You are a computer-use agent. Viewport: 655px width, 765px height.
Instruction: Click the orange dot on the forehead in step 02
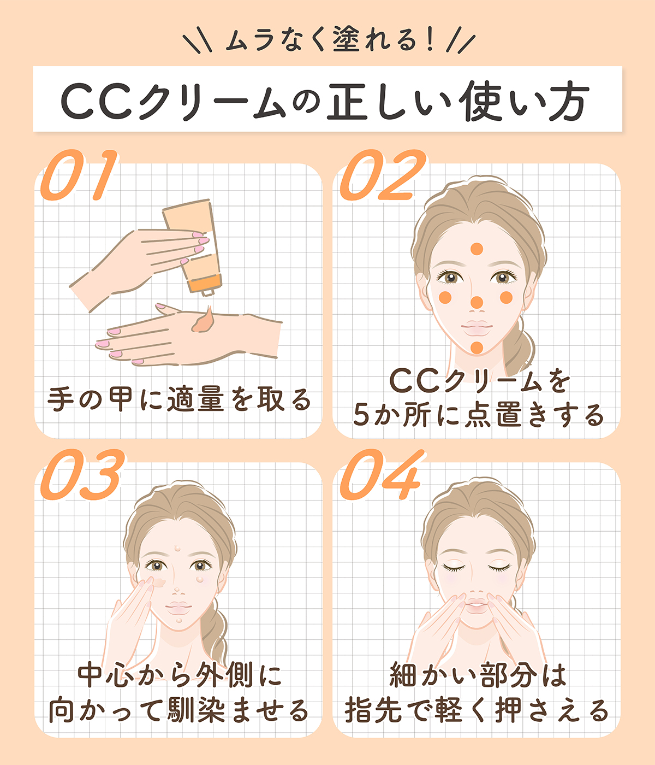477,249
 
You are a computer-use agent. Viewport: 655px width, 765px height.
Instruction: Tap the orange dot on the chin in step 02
477,347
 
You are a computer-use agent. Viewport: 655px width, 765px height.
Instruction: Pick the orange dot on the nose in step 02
477,302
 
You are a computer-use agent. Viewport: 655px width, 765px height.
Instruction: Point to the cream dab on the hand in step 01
204,320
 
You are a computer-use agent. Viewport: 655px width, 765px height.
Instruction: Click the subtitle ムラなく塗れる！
327,42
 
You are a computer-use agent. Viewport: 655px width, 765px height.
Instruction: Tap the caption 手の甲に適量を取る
178,399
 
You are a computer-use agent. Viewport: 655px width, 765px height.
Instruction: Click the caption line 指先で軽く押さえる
477,710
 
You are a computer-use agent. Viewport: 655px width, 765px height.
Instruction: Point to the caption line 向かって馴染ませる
178,710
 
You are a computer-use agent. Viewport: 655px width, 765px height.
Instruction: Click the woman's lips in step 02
477,328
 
